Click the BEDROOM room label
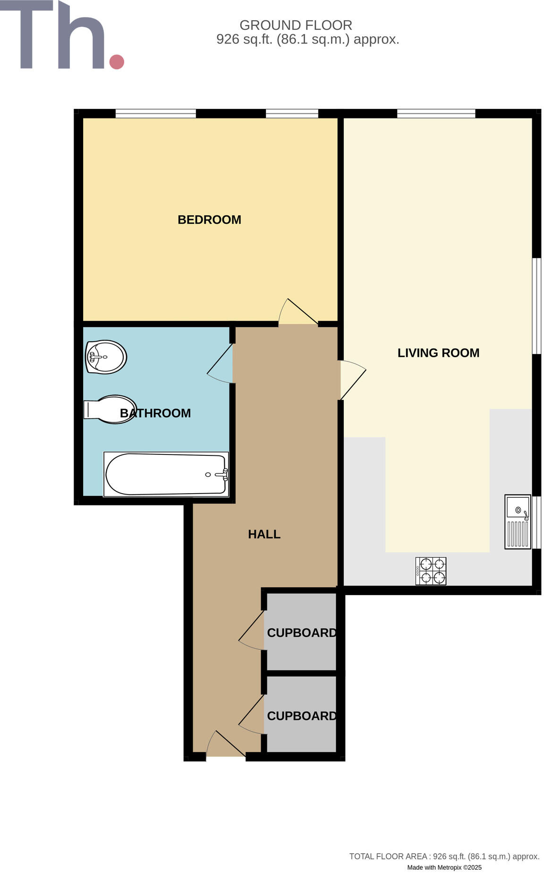click(x=209, y=219)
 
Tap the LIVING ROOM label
click(x=438, y=353)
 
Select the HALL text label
click(x=264, y=534)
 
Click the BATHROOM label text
click(x=155, y=413)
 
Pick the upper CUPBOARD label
click(x=302, y=632)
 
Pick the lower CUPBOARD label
click(x=302, y=715)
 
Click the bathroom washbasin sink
click(x=106, y=357)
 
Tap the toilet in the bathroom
click(x=110, y=409)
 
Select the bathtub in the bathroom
click(x=166, y=474)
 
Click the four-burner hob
click(x=431, y=571)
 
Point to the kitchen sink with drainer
click(x=518, y=521)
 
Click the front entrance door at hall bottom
click(x=225, y=745)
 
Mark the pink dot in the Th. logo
click(x=117, y=62)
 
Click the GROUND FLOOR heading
click(x=296, y=25)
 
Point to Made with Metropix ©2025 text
click(x=444, y=867)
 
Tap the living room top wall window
click(x=435, y=113)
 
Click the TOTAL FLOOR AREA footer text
click(x=444, y=856)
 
